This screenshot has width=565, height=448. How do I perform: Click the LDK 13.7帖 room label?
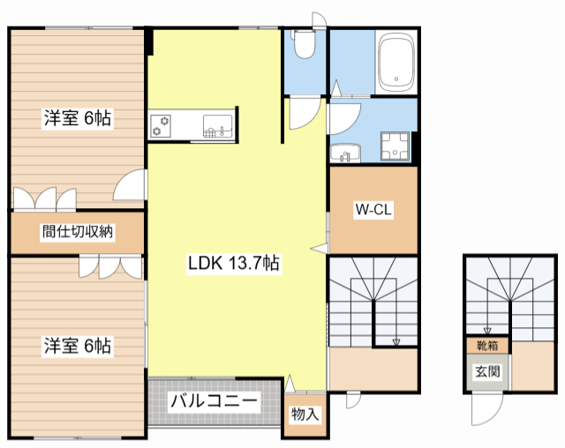(x=233, y=262)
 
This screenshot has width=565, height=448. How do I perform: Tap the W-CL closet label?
(x=373, y=210)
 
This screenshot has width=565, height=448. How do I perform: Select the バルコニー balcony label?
(x=215, y=401)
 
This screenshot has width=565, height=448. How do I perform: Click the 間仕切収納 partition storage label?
(x=78, y=233)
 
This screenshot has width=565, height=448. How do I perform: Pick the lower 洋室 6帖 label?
(x=78, y=346)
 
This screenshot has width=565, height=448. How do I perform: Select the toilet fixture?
(x=305, y=45)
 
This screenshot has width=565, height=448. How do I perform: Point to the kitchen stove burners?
(x=161, y=124)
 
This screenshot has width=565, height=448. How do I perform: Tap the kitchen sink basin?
(x=216, y=125)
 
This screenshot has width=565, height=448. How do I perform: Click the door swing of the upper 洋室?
(x=131, y=185)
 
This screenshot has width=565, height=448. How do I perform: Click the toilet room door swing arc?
(x=305, y=111)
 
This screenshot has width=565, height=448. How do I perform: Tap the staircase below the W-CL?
(x=371, y=300)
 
